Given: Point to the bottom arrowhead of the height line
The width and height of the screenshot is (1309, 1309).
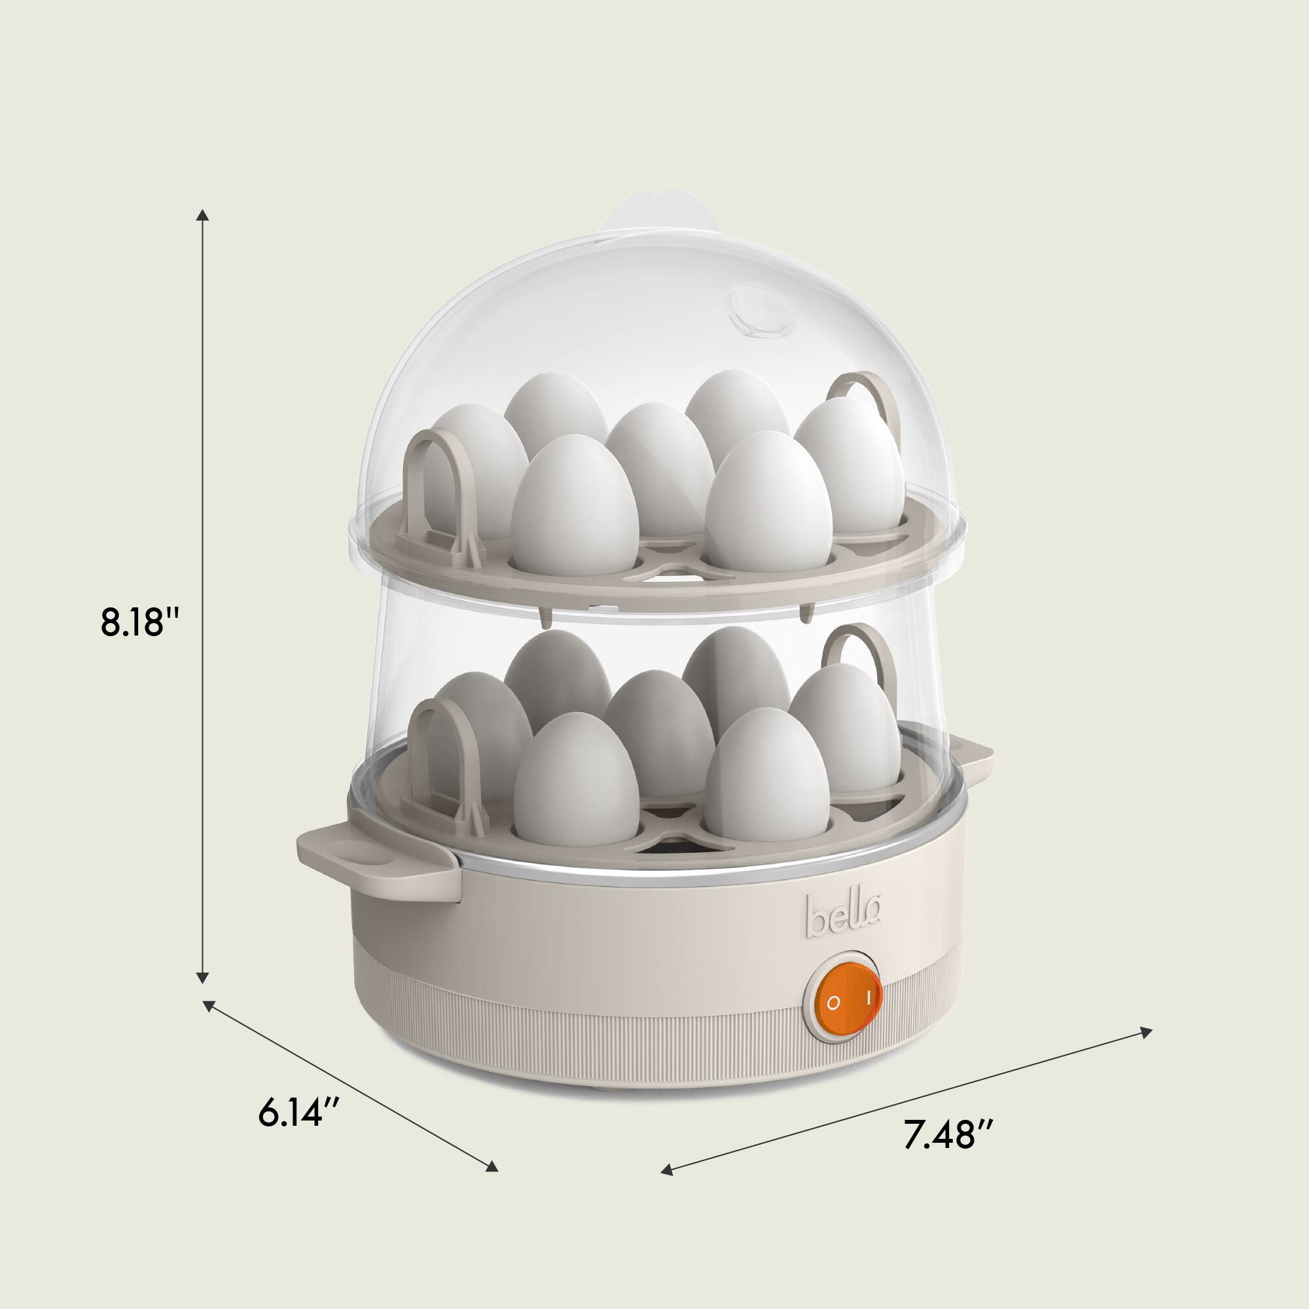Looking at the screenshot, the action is point(202,976).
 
